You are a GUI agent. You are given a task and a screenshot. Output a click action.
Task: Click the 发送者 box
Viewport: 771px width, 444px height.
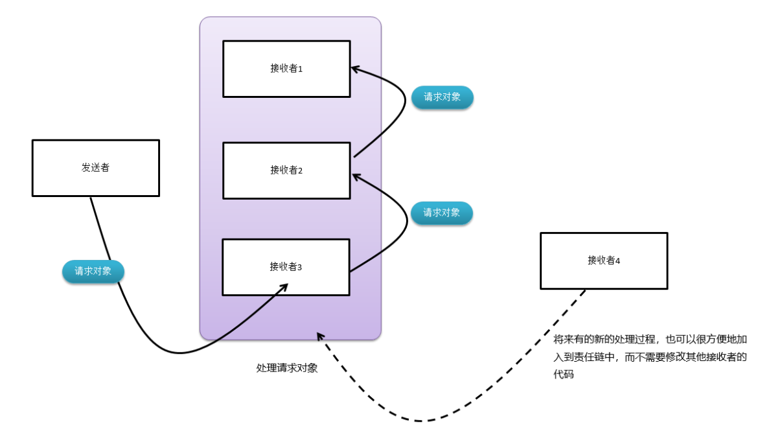pyautogui.click(x=95, y=168)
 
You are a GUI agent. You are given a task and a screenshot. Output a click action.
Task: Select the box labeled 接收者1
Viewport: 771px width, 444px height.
pyautogui.click(x=286, y=69)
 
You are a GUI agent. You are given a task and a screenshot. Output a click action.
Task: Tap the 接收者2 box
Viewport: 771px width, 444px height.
pyautogui.click(x=286, y=170)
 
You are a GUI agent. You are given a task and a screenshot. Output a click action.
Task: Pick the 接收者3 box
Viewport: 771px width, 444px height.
pyautogui.click(x=286, y=267)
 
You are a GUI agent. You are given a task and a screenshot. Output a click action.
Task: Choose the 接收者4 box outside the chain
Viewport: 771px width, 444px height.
pyautogui.click(x=603, y=261)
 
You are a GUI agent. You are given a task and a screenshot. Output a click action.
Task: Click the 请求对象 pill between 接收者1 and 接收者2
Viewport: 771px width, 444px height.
pyautogui.click(x=442, y=97)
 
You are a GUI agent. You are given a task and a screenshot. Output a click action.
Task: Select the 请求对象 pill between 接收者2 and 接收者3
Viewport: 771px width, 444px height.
pyautogui.click(x=442, y=213)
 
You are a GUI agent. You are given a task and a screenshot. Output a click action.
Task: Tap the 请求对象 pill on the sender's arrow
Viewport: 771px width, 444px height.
pyautogui.click(x=93, y=272)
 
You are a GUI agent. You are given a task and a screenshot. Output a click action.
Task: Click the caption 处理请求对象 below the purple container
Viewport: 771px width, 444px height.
pyautogui.click(x=287, y=368)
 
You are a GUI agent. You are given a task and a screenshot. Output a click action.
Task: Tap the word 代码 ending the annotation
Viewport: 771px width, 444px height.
pyautogui.click(x=564, y=375)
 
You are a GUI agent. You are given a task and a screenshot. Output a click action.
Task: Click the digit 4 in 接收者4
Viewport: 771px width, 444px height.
pyautogui.click(x=617, y=261)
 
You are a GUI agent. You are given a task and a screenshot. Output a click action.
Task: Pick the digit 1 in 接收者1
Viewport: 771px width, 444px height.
pyautogui.click(x=301, y=69)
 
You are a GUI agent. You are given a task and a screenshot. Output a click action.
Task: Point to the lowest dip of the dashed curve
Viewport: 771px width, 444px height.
pyautogui.click(x=421, y=421)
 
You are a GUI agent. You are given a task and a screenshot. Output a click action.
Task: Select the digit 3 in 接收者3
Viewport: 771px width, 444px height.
pyautogui.click(x=300, y=268)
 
